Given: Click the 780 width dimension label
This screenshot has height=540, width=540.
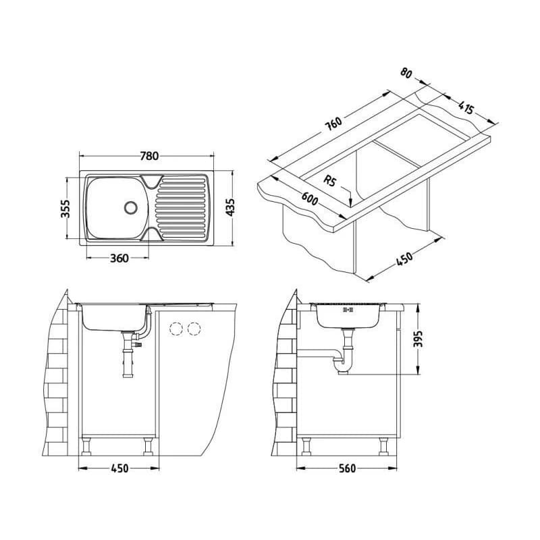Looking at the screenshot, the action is [149, 157].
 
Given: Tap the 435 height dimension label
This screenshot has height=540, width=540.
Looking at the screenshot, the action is [230, 207].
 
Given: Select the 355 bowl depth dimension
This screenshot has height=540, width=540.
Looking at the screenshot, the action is [65, 209].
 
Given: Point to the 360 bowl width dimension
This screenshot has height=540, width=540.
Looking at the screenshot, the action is [119, 258].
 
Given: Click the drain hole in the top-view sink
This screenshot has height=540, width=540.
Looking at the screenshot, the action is [130, 207].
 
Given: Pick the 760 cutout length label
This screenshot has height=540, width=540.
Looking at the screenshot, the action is [333, 124].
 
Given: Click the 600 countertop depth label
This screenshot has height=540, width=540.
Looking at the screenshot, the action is [310, 198].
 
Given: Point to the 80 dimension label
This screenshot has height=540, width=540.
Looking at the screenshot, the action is [407, 73].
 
